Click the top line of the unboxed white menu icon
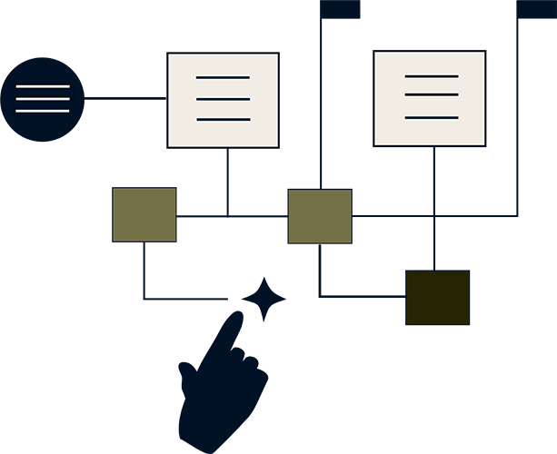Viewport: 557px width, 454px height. (43, 86)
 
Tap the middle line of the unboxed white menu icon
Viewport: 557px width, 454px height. (43, 99)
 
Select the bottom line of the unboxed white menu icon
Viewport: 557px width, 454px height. (43, 111)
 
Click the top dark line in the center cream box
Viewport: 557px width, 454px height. (223, 78)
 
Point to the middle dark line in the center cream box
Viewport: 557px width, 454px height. (223, 99)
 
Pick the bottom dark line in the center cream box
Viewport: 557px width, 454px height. (223, 119)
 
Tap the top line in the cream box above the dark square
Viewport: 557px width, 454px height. (432, 76)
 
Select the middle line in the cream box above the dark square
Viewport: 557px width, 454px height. (432, 94)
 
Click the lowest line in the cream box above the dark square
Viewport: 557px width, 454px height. (432, 117)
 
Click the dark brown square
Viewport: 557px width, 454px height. (438, 297)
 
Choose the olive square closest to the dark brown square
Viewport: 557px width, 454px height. (320, 216)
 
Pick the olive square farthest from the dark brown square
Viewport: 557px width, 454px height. (144, 214)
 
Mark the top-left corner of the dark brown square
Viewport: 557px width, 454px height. (407, 271)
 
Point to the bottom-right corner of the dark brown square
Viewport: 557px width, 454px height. (469, 323)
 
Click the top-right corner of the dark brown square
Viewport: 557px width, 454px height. (469, 271)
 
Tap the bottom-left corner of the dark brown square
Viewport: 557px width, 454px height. (407, 323)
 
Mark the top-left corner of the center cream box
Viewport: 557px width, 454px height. (169, 54)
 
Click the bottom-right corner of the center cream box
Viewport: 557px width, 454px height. (277, 146)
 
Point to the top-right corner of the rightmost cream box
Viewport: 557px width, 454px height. (483, 53)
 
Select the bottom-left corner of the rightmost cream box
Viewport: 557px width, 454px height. (375, 144)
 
